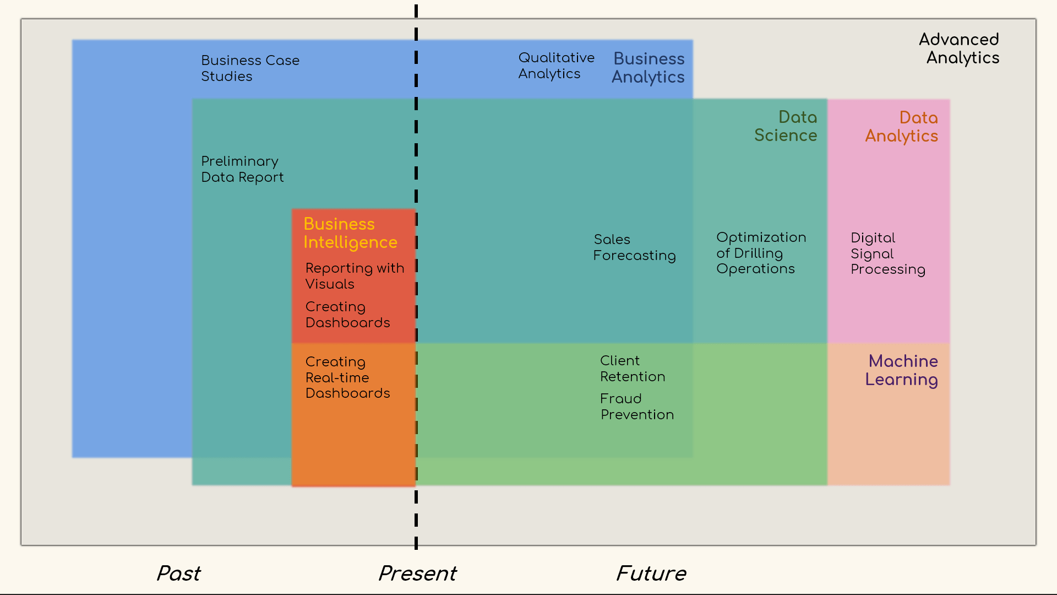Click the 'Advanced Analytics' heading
point(959,48)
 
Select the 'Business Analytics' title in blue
point(649,68)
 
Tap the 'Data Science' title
point(786,126)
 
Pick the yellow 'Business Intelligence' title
point(350,233)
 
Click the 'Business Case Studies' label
point(250,68)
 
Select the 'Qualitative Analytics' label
point(556,66)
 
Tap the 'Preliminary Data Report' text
point(242,169)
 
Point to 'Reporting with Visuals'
point(355,276)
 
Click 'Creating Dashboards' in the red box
point(347,315)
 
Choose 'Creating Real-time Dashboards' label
point(347,377)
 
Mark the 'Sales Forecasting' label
point(634,247)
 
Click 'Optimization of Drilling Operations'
point(761,253)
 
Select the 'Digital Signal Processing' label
point(887,253)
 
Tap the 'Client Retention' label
point(633,369)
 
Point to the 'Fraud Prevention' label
point(637,407)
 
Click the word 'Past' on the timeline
point(178,574)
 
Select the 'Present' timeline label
point(417,574)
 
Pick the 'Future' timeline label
point(651,574)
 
